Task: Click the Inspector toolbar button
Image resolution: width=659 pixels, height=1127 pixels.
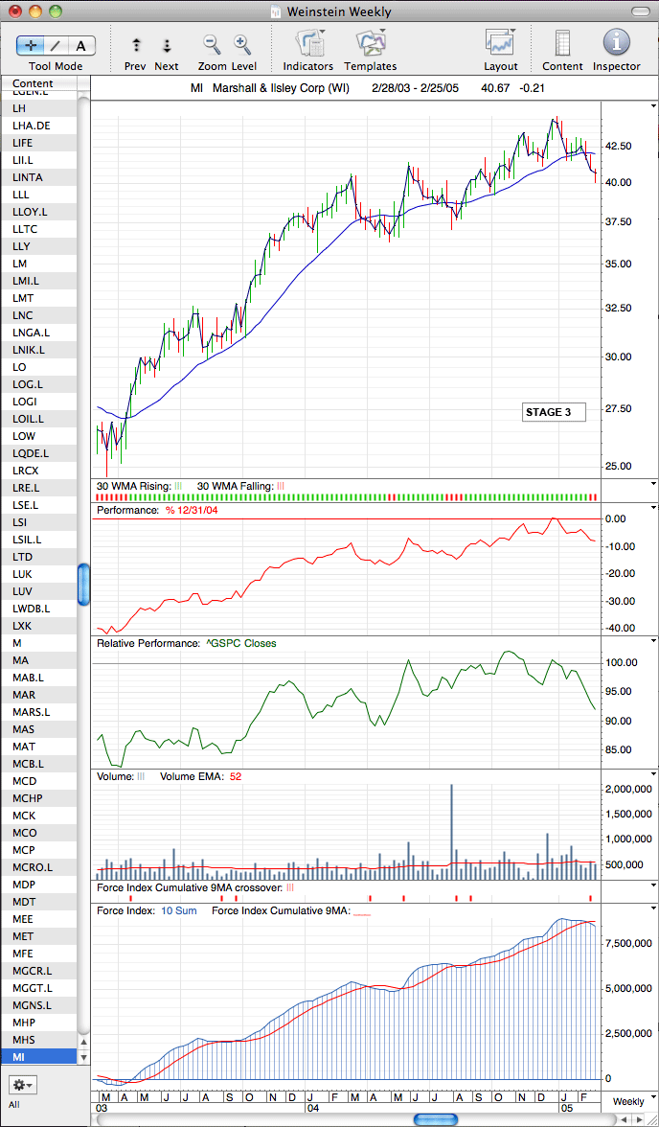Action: click(616, 42)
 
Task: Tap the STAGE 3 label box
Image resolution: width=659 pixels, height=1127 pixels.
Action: click(554, 412)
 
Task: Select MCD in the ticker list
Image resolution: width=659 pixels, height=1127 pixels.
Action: click(25, 780)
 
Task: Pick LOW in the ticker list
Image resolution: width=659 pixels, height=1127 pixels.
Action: click(24, 435)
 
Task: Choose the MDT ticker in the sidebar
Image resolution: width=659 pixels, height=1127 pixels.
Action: click(25, 901)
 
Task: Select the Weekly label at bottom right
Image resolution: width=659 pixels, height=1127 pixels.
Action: click(628, 1101)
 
